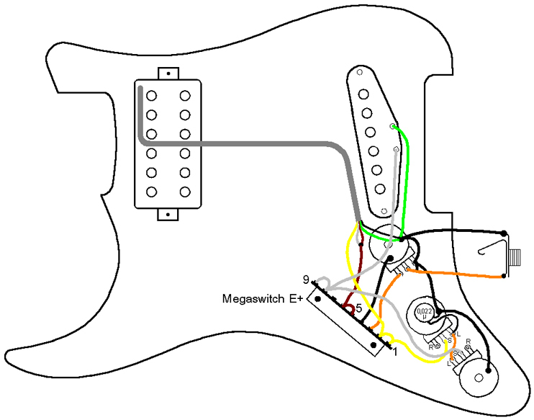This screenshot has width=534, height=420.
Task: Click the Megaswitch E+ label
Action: [x=263, y=298]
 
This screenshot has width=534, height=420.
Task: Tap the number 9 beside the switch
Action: [x=306, y=280]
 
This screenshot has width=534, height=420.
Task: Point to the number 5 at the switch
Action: [x=358, y=307]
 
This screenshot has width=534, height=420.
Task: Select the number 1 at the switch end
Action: [x=394, y=352]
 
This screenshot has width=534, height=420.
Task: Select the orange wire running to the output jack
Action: [x=461, y=274]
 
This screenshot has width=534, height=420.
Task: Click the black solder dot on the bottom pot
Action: [x=489, y=372]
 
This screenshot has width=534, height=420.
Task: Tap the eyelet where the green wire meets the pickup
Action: [x=392, y=127]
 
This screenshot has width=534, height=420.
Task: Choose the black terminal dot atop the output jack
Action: [x=502, y=233]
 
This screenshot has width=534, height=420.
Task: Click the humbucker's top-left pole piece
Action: [x=152, y=94]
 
